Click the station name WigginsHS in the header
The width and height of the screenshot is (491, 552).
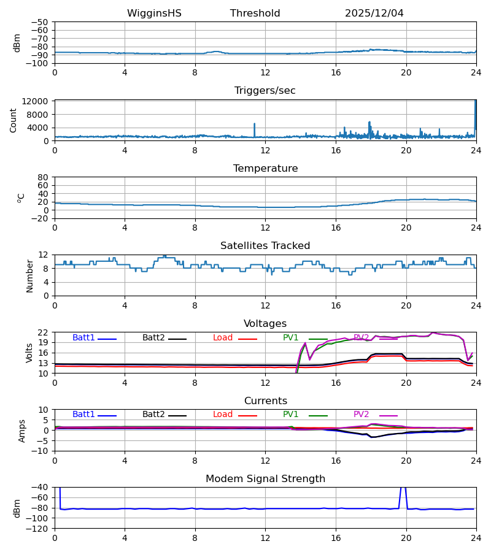(x=154, y=13)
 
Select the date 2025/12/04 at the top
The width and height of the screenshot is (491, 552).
(x=374, y=13)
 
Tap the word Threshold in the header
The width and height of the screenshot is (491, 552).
(x=255, y=13)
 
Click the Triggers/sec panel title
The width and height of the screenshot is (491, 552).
(x=265, y=91)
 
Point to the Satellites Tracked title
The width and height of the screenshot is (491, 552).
(x=265, y=246)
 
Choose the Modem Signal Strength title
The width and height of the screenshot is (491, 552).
(x=265, y=479)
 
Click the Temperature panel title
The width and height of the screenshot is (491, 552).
(x=265, y=169)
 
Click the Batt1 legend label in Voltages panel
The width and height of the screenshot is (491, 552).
(x=83, y=338)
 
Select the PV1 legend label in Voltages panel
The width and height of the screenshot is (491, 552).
(x=291, y=338)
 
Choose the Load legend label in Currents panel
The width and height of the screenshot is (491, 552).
(x=223, y=415)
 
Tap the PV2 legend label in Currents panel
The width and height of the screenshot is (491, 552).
(x=361, y=415)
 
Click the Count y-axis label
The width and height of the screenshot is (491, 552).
(x=14, y=120)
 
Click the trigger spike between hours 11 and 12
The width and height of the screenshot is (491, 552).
(x=254, y=125)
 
